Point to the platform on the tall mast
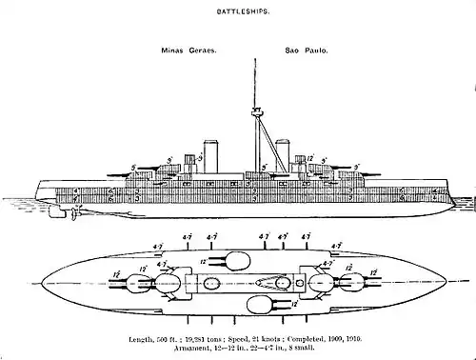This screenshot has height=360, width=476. pos(256,113)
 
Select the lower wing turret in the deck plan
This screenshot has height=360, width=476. pos(257,306)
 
